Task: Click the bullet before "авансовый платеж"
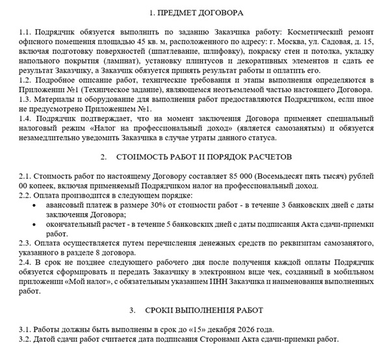pyautogui.click(x=34, y=205)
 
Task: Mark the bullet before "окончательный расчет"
pyautogui.click(x=34, y=224)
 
